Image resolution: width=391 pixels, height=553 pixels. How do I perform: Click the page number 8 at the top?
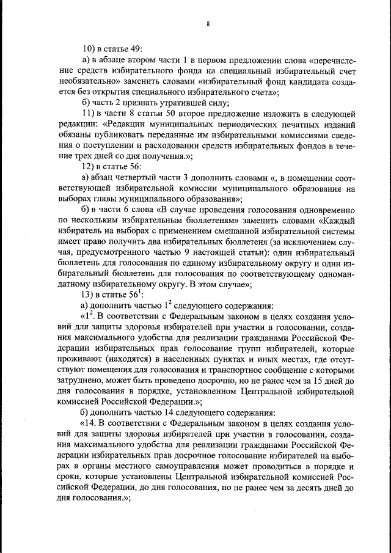point(208,24)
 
